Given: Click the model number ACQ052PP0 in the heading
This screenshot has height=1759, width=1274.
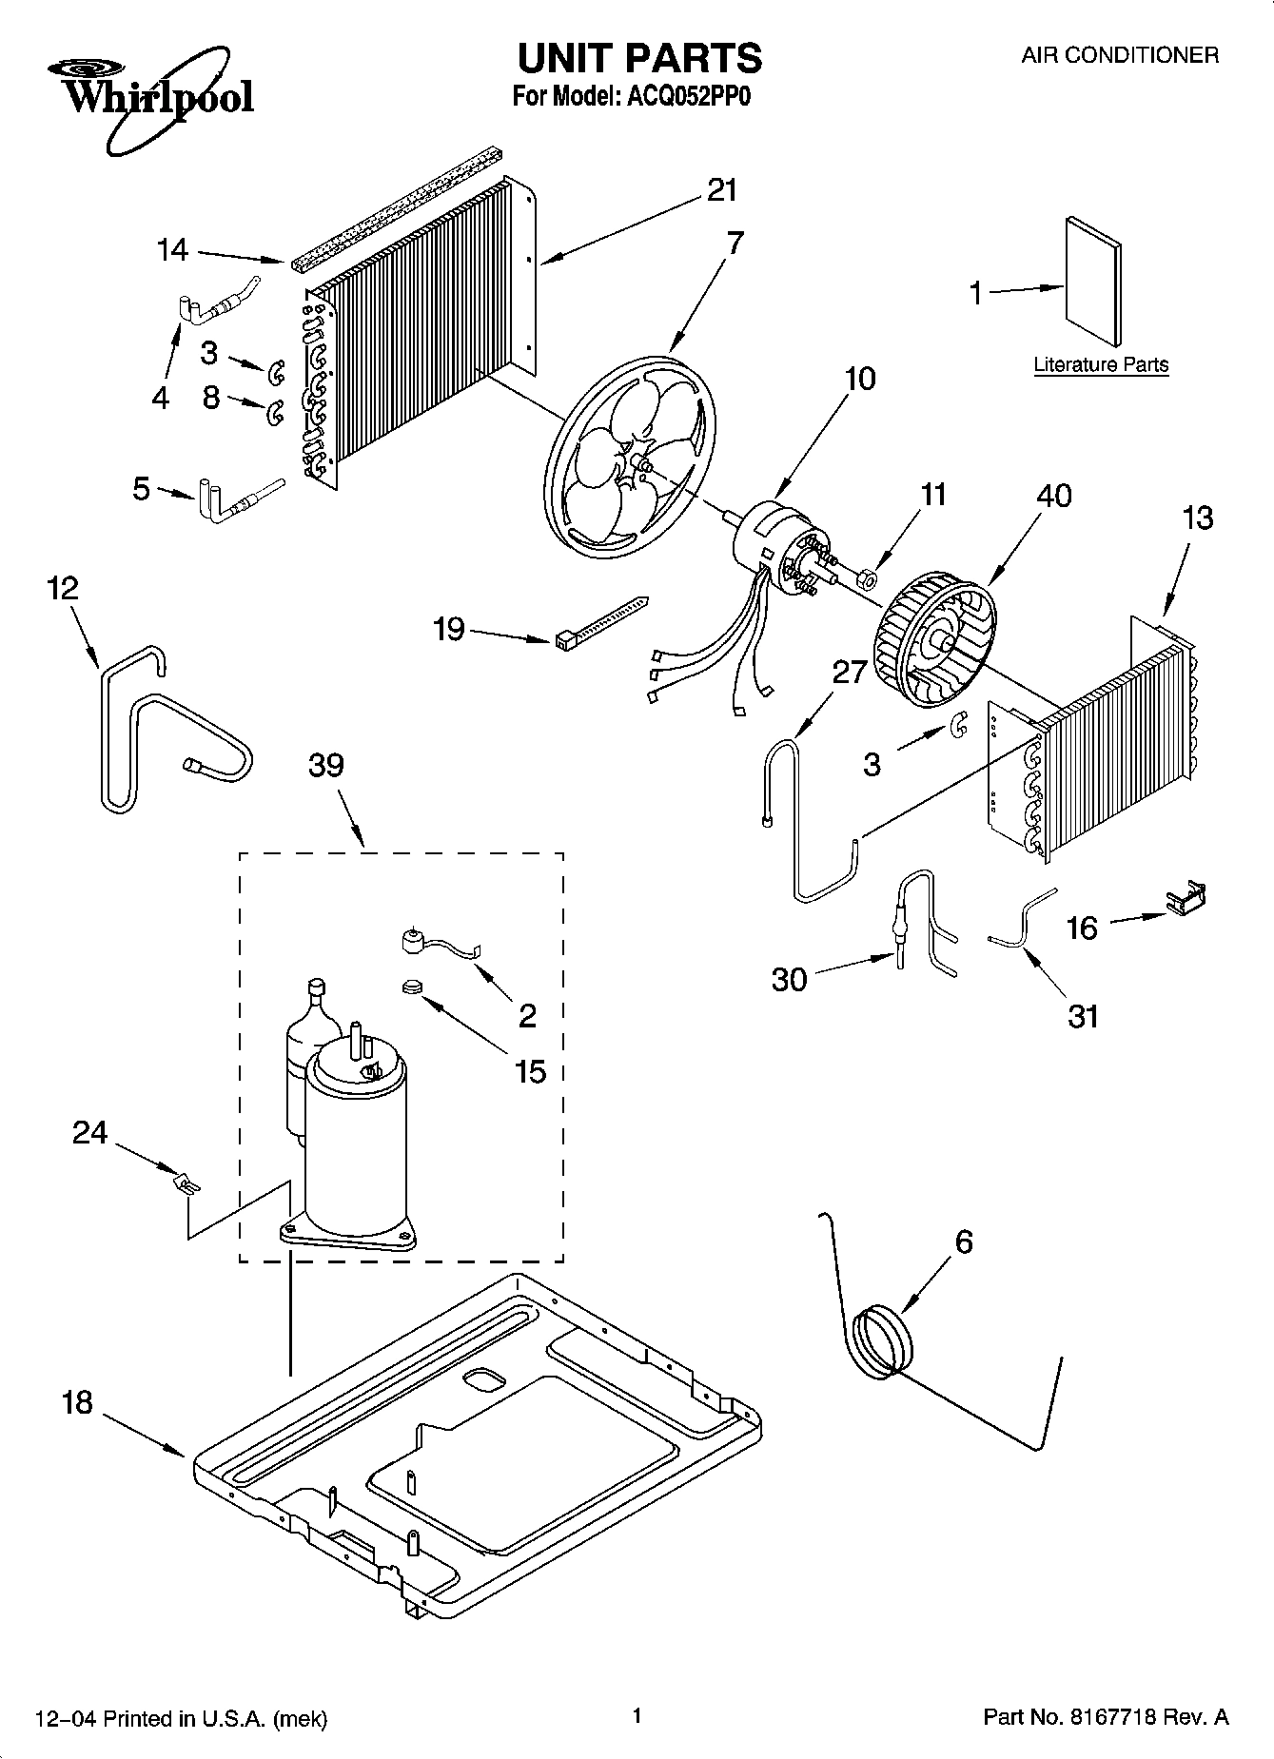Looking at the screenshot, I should click(685, 97).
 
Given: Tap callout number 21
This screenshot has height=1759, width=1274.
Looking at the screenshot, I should click(722, 191).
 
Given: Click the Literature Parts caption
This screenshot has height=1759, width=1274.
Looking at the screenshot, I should click(1101, 365).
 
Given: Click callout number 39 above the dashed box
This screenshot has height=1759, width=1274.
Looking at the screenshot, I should click(325, 766).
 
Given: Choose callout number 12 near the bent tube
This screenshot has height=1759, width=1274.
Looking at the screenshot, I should click(62, 588).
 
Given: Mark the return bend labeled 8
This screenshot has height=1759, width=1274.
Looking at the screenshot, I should click(275, 412).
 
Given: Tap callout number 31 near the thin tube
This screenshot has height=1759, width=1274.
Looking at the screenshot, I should click(1083, 1016).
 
